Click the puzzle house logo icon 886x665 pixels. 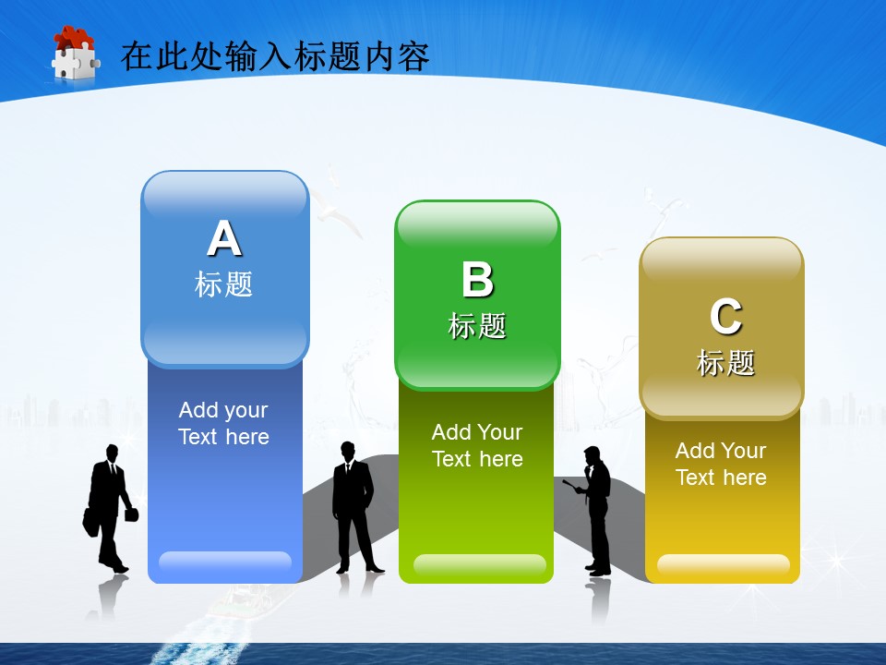click(75, 54)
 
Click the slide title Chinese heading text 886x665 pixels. click(275, 56)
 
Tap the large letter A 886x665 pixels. click(224, 238)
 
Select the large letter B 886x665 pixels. click(477, 279)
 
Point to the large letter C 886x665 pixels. click(725, 317)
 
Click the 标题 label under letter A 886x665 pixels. click(223, 284)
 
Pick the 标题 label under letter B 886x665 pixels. click(477, 326)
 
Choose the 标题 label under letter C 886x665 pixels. click(725, 362)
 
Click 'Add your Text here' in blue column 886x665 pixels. click(223, 423)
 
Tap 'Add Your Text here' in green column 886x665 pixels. click(477, 445)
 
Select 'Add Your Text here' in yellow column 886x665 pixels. click(721, 465)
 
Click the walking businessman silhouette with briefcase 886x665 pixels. click(109, 508)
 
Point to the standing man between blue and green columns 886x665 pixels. click(354, 507)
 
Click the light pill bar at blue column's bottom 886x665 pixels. click(225, 562)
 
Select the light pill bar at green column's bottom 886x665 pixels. click(480, 564)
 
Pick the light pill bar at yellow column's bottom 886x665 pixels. click(724, 564)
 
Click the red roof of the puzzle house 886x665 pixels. click(74, 37)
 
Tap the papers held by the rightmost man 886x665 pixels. click(572, 486)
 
